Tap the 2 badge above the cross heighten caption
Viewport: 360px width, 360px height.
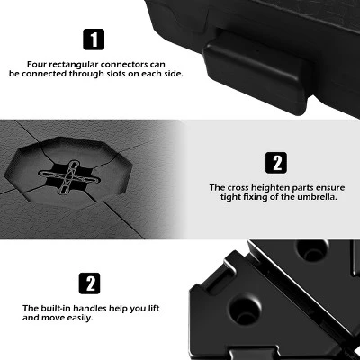(x=276, y=163)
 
